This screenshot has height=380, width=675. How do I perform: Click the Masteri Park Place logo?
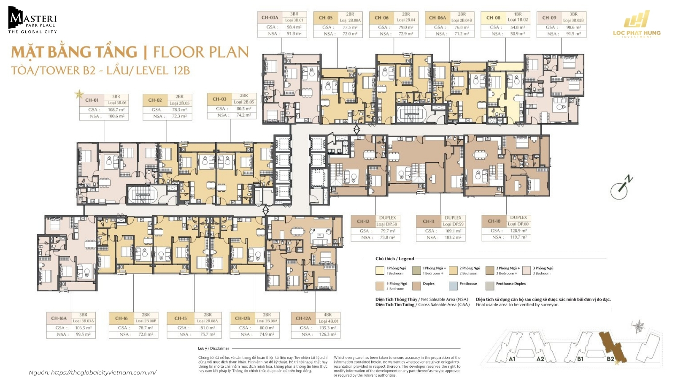[32, 20]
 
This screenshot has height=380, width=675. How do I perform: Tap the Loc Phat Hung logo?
[637, 26]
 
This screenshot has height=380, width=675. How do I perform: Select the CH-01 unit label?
[92, 100]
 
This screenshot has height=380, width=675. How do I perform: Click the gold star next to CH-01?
[79, 94]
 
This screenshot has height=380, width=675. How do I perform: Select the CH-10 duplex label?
[494, 221]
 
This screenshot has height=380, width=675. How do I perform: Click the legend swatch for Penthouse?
[453, 286]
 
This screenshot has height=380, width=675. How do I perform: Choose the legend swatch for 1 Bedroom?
[380, 271]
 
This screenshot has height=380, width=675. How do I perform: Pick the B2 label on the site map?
[610, 359]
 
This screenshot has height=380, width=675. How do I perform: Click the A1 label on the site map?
[512, 359]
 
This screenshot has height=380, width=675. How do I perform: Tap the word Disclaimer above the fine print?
[219, 348]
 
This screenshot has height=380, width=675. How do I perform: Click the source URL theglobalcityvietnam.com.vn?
[103, 372]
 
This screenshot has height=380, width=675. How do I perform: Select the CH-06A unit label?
[437, 18]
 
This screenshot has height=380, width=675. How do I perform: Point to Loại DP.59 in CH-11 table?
[453, 224]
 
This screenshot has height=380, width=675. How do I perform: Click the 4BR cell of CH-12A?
[328, 315]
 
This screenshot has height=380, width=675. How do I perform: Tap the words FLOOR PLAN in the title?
[201, 52]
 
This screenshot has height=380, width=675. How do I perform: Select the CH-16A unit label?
[59, 318]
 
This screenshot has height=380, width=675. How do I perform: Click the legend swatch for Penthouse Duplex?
[489, 286]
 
